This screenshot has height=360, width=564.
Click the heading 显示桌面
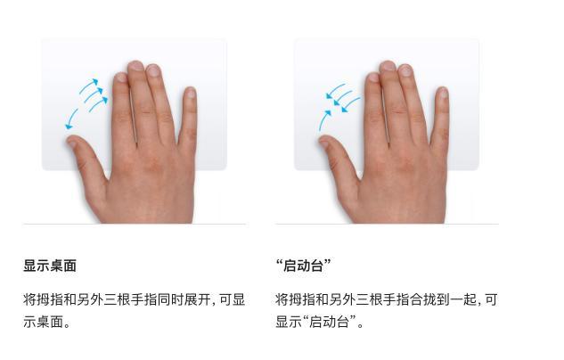pos(50,266)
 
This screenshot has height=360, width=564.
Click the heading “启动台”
pos(304,266)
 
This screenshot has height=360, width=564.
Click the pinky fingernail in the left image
pos(190,93)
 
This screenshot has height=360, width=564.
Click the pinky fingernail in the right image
pos(442,93)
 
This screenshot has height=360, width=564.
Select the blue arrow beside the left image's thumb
pos(71,119)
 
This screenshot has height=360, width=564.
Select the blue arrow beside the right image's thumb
pos(325,119)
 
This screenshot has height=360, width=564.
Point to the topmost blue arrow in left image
pos(88,86)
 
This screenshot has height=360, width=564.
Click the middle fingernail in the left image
pos(136,67)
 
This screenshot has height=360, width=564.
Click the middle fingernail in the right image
pos(388,67)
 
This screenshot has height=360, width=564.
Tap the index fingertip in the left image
pos(121,78)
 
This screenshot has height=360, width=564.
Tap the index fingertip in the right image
pos(373,78)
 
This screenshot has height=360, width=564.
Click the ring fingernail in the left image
pos(153,70)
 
